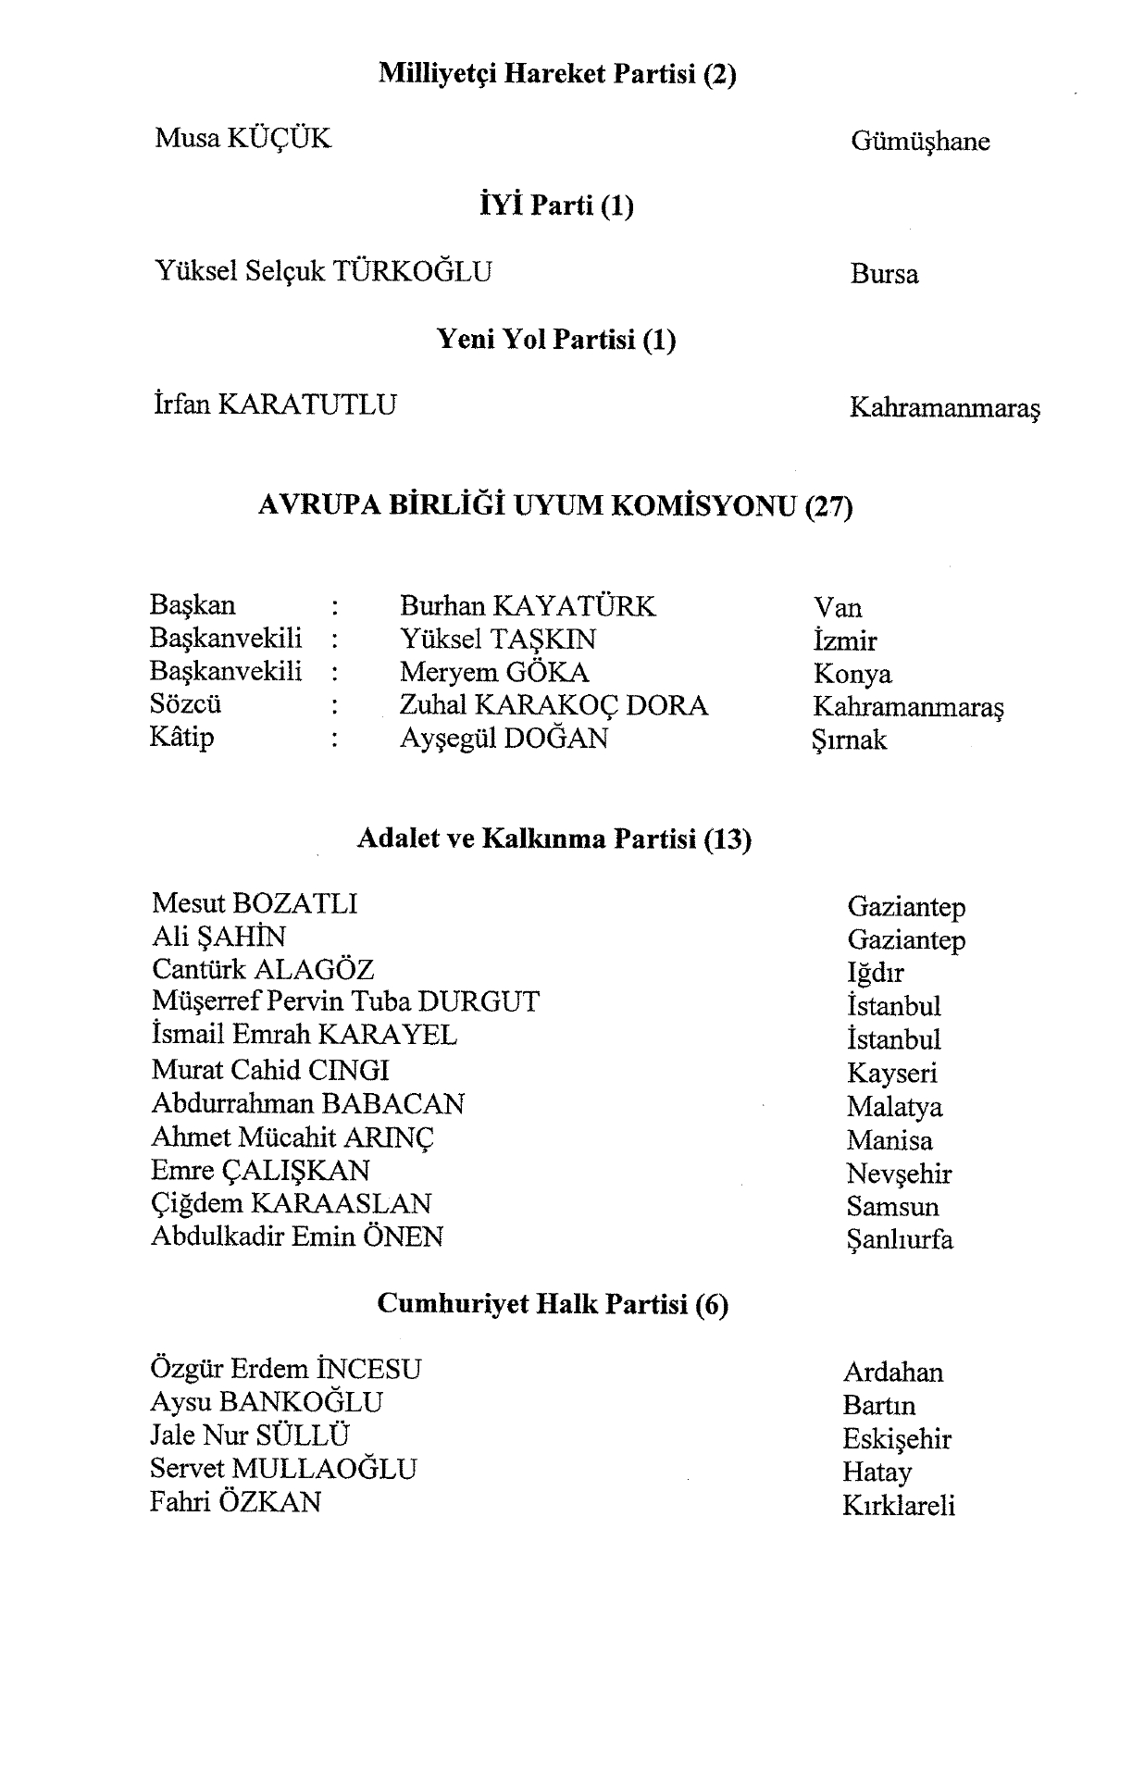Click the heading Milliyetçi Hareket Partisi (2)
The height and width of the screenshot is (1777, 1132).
[x=557, y=74]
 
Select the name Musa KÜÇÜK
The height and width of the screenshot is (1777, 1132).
[x=243, y=139]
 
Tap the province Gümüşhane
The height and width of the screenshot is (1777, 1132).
[x=919, y=142]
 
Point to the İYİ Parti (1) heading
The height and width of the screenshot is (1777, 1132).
[x=556, y=205]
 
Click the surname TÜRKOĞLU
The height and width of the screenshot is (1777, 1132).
[x=412, y=272]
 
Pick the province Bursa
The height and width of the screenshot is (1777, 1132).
[x=884, y=275]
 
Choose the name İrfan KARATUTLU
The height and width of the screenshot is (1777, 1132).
[x=275, y=404]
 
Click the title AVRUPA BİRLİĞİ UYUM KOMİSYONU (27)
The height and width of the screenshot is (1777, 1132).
[x=555, y=506]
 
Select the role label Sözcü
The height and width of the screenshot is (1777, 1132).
[x=185, y=704]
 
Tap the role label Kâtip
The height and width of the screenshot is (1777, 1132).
[x=181, y=738]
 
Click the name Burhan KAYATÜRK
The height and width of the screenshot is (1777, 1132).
[x=527, y=606]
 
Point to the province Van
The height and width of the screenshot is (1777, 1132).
[x=838, y=608]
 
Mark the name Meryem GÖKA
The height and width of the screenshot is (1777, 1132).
[x=494, y=672]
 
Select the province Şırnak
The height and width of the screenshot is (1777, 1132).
[x=849, y=740]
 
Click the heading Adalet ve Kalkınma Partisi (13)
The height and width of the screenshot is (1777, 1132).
[x=554, y=839]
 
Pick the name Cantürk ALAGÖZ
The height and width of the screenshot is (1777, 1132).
[x=263, y=969]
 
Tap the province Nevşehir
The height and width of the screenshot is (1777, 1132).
[x=899, y=1174]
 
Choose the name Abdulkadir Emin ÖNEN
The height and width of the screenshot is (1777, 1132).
[x=297, y=1236]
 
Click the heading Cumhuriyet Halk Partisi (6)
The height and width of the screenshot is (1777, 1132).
[x=553, y=1304]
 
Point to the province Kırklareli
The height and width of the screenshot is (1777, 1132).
[x=898, y=1506]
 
